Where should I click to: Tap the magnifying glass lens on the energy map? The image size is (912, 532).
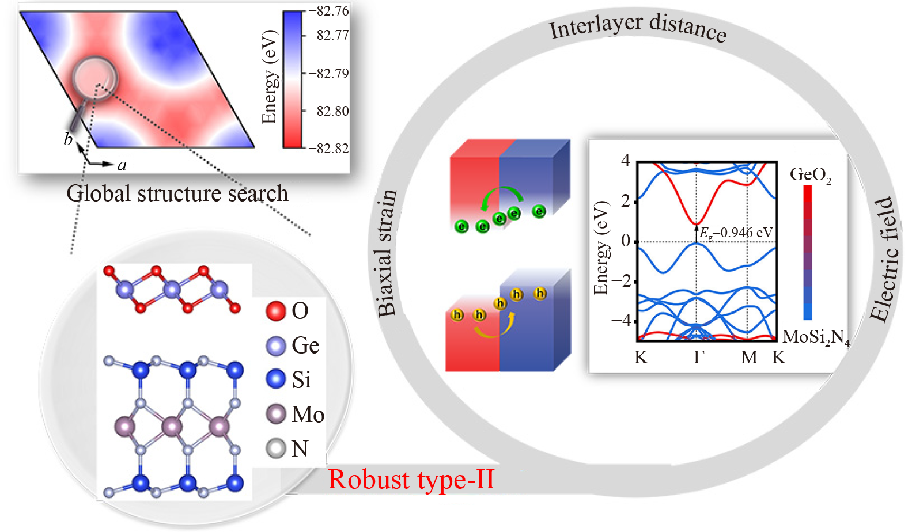(x=94, y=78)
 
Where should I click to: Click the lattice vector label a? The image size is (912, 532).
(x=122, y=166)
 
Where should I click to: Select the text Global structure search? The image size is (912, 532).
(x=177, y=193)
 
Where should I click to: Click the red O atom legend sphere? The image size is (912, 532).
(x=276, y=311)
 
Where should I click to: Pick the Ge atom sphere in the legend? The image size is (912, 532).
(x=276, y=345)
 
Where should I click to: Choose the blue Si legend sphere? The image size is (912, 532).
(x=276, y=379)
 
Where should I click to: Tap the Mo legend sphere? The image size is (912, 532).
(x=276, y=414)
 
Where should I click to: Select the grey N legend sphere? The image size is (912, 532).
(x=276, y=449)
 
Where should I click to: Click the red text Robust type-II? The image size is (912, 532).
(x=411, y=480)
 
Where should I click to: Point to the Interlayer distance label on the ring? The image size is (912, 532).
(x=637, y=26)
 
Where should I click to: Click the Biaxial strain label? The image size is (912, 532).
(x=387, y=253)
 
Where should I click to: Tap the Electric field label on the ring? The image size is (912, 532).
(x=885, y=259)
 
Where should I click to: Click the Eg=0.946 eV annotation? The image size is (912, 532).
(x=736, y=233)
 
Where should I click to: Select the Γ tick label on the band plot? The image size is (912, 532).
(x=698, y=358)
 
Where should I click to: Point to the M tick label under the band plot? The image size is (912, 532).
(x=748, y=358)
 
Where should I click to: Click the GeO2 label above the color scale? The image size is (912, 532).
(x=810, y=174)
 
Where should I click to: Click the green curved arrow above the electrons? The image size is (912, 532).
(x=502, y=196)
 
